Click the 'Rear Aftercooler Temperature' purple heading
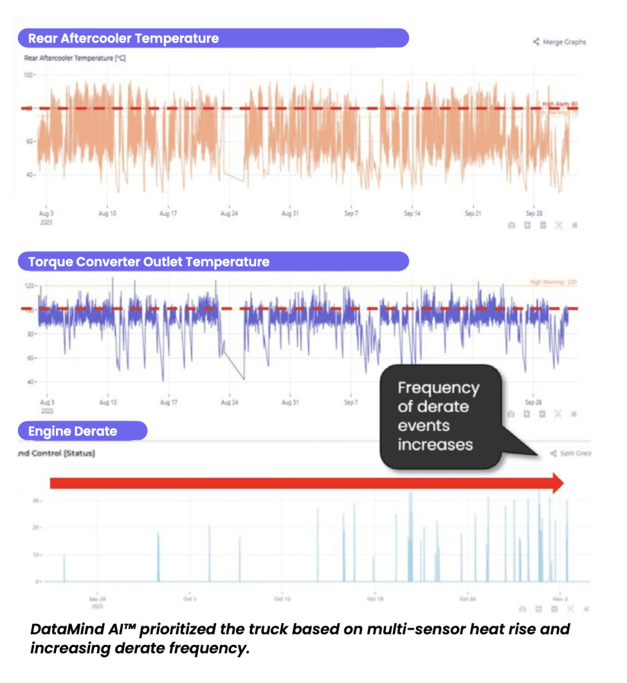[x=123, y=39]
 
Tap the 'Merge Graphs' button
[x=560, y=42]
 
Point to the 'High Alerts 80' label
[x=559, y=103]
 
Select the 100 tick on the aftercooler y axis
[x=29, y=75]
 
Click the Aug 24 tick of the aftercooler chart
[x=229, y=214]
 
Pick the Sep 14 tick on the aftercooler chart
[x=412, y=214]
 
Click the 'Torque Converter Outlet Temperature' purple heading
[x=149, y=262]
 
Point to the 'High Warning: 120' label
[x=552, y=283]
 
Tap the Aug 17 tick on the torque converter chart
[x=169, y=403]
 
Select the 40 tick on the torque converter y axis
[x=30, y=382]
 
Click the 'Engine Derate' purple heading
[x=72, y=432]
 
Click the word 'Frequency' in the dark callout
[x=438, y=388]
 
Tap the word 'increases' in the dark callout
[x=435, y=444]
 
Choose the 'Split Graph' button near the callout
[x=571, y=454]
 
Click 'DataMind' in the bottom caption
[x=63, y=630]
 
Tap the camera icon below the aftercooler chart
[x=511, y=225]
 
